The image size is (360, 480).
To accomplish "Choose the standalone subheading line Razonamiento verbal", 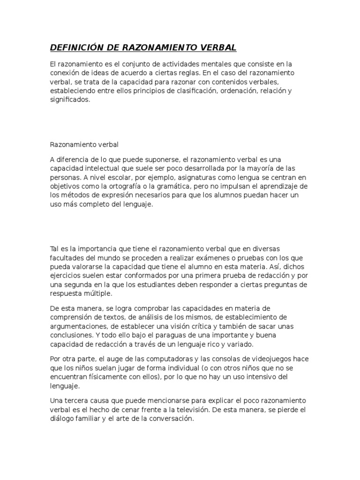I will pyautogui.click(x=84, y=144).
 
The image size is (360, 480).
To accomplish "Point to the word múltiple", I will pyautogui.click(x=97, y=294).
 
